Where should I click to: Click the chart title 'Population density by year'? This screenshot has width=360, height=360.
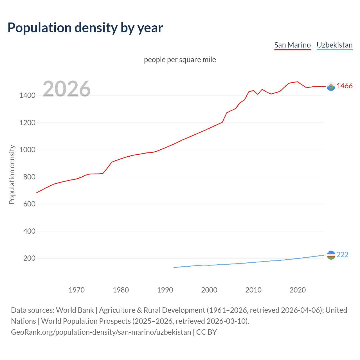click(x=85, y=28)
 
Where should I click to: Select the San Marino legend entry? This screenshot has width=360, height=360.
click(x=292, y=45)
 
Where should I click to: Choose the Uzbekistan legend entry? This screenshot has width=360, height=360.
click(x=334, y=45)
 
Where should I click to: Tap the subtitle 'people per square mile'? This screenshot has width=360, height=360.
click(x=180, y=60)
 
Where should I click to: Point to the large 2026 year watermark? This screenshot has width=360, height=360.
click(x=67, y=89)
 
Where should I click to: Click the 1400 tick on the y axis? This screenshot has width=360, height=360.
click(x=27, y=96)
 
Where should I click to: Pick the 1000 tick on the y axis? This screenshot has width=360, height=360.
click(x=27, y=150)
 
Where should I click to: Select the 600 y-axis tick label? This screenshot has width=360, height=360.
click(x=29, y=204)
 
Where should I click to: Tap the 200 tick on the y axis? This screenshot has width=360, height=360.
click(x=29, y=258)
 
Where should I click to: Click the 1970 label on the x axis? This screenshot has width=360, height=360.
click(x=76, y=290)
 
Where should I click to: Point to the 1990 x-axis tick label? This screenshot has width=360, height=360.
click(x=165, y=290)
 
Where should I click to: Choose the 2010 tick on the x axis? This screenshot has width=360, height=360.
click(x=253, y=290)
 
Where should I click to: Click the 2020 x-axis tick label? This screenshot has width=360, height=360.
click(x=298, y=290)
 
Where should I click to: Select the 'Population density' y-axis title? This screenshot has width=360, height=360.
click(x=12, y=174)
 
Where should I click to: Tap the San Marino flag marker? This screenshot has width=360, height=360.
click(x=331, y=86)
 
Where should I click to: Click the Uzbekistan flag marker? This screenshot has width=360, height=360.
click(x=331, y=255)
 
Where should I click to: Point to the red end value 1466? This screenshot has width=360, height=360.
click(x=345, y=86)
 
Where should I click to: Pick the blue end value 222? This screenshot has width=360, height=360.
click(x=342, y=255)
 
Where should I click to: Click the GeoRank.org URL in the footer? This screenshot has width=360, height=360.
click(x=101, y=332)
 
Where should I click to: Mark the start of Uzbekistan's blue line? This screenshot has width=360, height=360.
click(x=174, y=267)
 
